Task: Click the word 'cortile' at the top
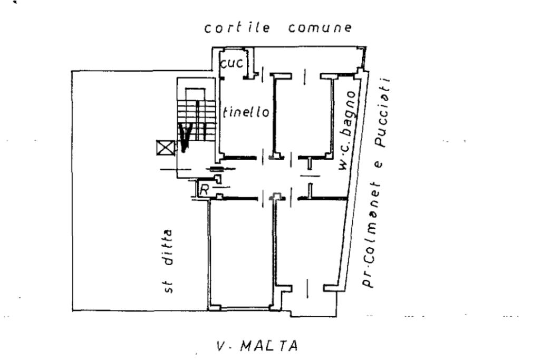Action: (x=237, y=28)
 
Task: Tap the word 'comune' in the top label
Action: (x=320, y=28)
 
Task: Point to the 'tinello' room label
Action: (x=246, y=112)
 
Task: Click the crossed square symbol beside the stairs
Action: (x=165, y=148)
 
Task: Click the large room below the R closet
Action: (x=240, y=250)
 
